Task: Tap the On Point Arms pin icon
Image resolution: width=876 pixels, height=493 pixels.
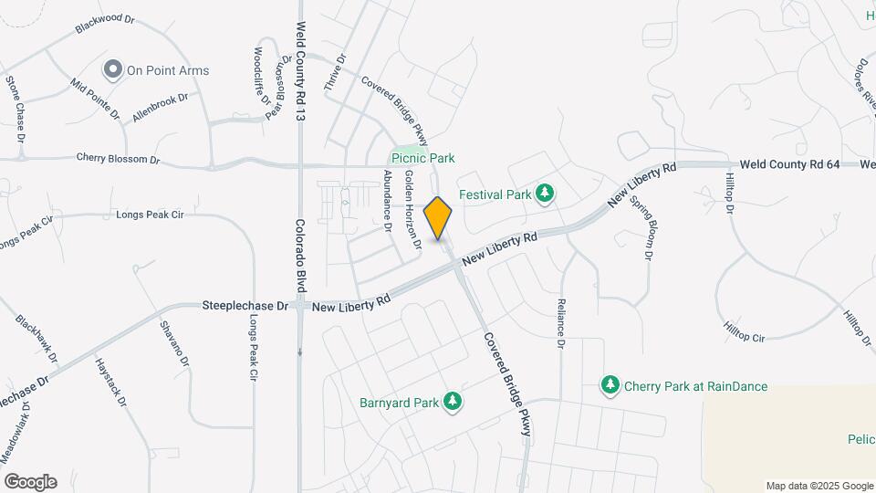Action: click(x=113, y=69)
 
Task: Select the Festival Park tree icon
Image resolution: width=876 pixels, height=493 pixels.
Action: click(x=545, y=194)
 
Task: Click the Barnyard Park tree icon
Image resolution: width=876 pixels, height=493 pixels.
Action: click(x=452, y=401)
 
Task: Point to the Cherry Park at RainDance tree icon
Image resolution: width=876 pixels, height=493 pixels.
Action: click(x=610, y=386)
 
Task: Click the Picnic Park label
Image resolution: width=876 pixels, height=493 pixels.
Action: click(x=422, y=158)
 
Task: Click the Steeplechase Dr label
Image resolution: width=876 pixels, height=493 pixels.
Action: click(x=245, y=308)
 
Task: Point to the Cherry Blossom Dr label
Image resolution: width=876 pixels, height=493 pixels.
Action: click(x=118, y=159)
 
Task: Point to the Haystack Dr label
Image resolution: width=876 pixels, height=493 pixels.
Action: click(x=108, y=383)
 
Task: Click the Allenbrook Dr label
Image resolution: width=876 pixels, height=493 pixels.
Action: click(x=160, y=107)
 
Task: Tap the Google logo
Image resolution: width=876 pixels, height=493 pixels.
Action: click(x=30, y=482)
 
